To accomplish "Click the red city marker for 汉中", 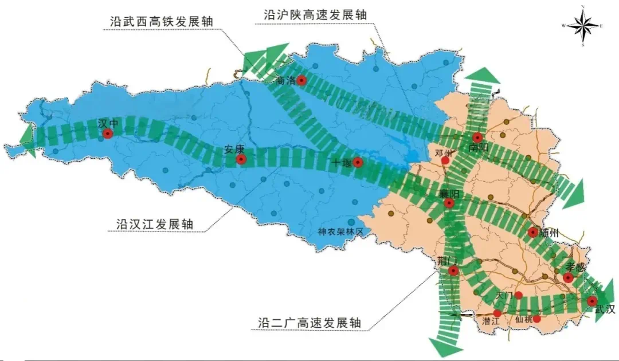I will (x=108, y=134).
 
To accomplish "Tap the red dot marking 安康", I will (x=241, y=159).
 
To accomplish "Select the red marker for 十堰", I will (x=358, y=162).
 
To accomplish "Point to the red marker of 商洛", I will (x=301, y=81).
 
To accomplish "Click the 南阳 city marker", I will (x=477, y=138).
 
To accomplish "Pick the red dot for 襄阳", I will (x=449, y=203).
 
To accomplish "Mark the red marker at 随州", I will (x=533, y=232).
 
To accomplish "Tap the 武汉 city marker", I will (x=592, y=300).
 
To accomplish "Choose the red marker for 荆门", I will (x=453, y=270).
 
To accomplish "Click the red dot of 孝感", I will (x=568, y=278).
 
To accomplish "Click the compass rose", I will (x=582, y=26).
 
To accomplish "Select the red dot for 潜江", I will (x=497, y=313).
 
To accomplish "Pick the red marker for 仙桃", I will (x=537, y=319).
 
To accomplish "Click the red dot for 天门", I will (x=519, y=295).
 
